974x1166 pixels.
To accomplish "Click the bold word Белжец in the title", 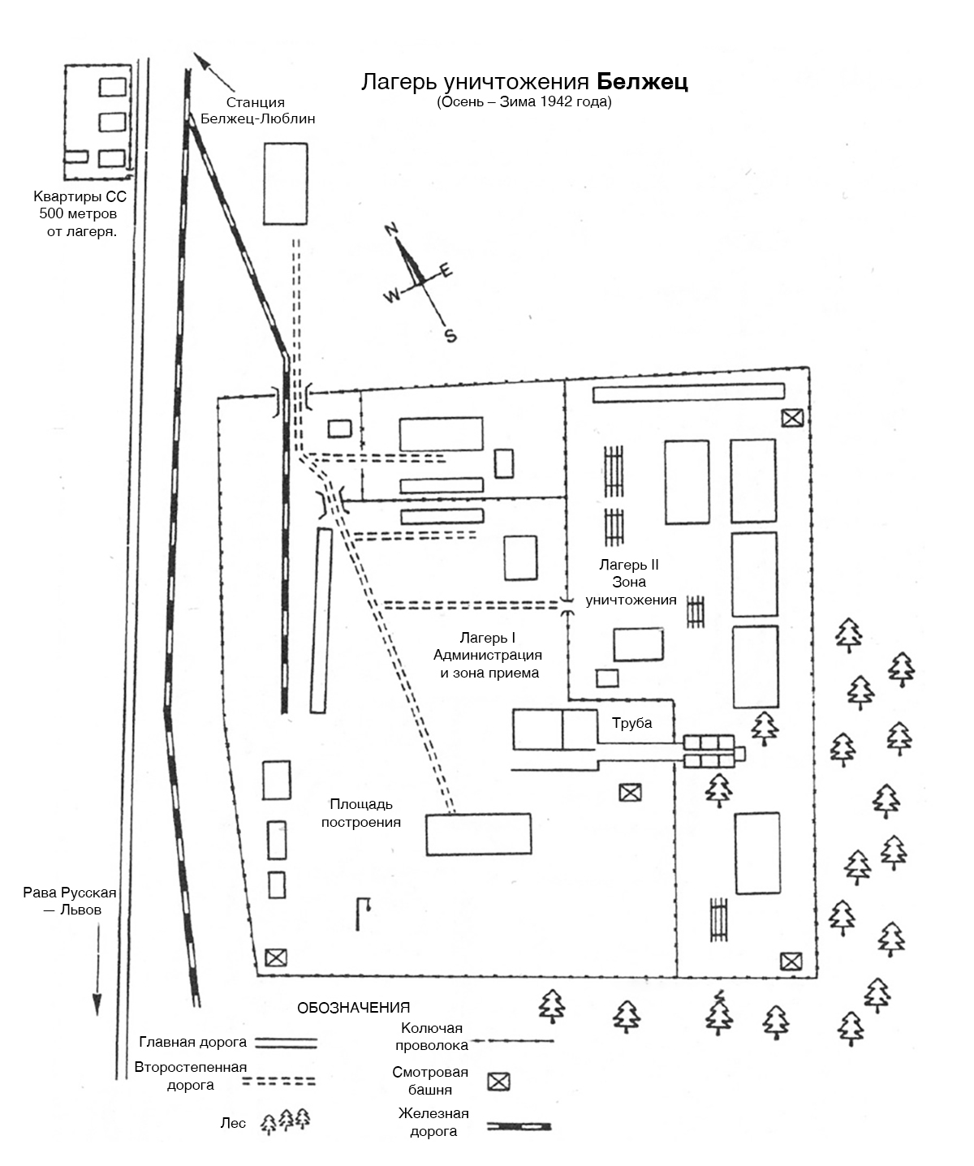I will coord(642,83).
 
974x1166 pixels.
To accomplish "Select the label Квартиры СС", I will coord(80,197).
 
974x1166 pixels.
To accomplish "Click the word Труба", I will coord(632,723).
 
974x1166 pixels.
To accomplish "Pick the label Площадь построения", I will coord(361,813).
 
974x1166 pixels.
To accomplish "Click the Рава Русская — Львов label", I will coord(71,901).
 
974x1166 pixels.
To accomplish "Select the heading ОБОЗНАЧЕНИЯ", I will coord(353,1009).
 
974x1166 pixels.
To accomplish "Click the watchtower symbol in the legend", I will coord(499,1082).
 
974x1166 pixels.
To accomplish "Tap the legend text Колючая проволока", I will coord(430,1038).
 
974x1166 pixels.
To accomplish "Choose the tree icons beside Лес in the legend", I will coord(286,1121).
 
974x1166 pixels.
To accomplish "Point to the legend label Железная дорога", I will coord(433,1122).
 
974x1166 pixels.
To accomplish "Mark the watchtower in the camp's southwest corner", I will coord(276,957).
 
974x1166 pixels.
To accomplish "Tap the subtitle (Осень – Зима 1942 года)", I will coord(524,103).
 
